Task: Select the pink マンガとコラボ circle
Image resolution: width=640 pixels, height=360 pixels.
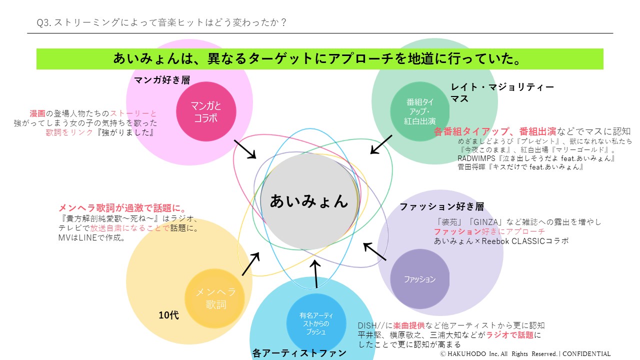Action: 206,111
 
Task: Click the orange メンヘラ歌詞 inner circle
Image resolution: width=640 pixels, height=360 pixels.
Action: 215,298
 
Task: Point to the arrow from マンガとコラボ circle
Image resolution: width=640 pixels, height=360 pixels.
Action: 244,149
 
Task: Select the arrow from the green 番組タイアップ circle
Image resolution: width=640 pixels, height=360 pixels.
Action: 381,144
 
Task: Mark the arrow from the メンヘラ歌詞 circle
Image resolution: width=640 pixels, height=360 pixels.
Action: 250,264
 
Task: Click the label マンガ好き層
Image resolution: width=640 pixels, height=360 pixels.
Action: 162,79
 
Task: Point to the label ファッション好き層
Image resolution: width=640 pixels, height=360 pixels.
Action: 441,206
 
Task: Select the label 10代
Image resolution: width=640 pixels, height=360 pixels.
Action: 168,315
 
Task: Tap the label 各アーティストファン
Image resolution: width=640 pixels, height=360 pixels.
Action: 299,353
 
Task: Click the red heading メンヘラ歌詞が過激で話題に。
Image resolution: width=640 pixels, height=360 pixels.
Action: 123,208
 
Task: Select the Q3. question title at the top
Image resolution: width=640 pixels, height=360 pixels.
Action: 162,22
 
